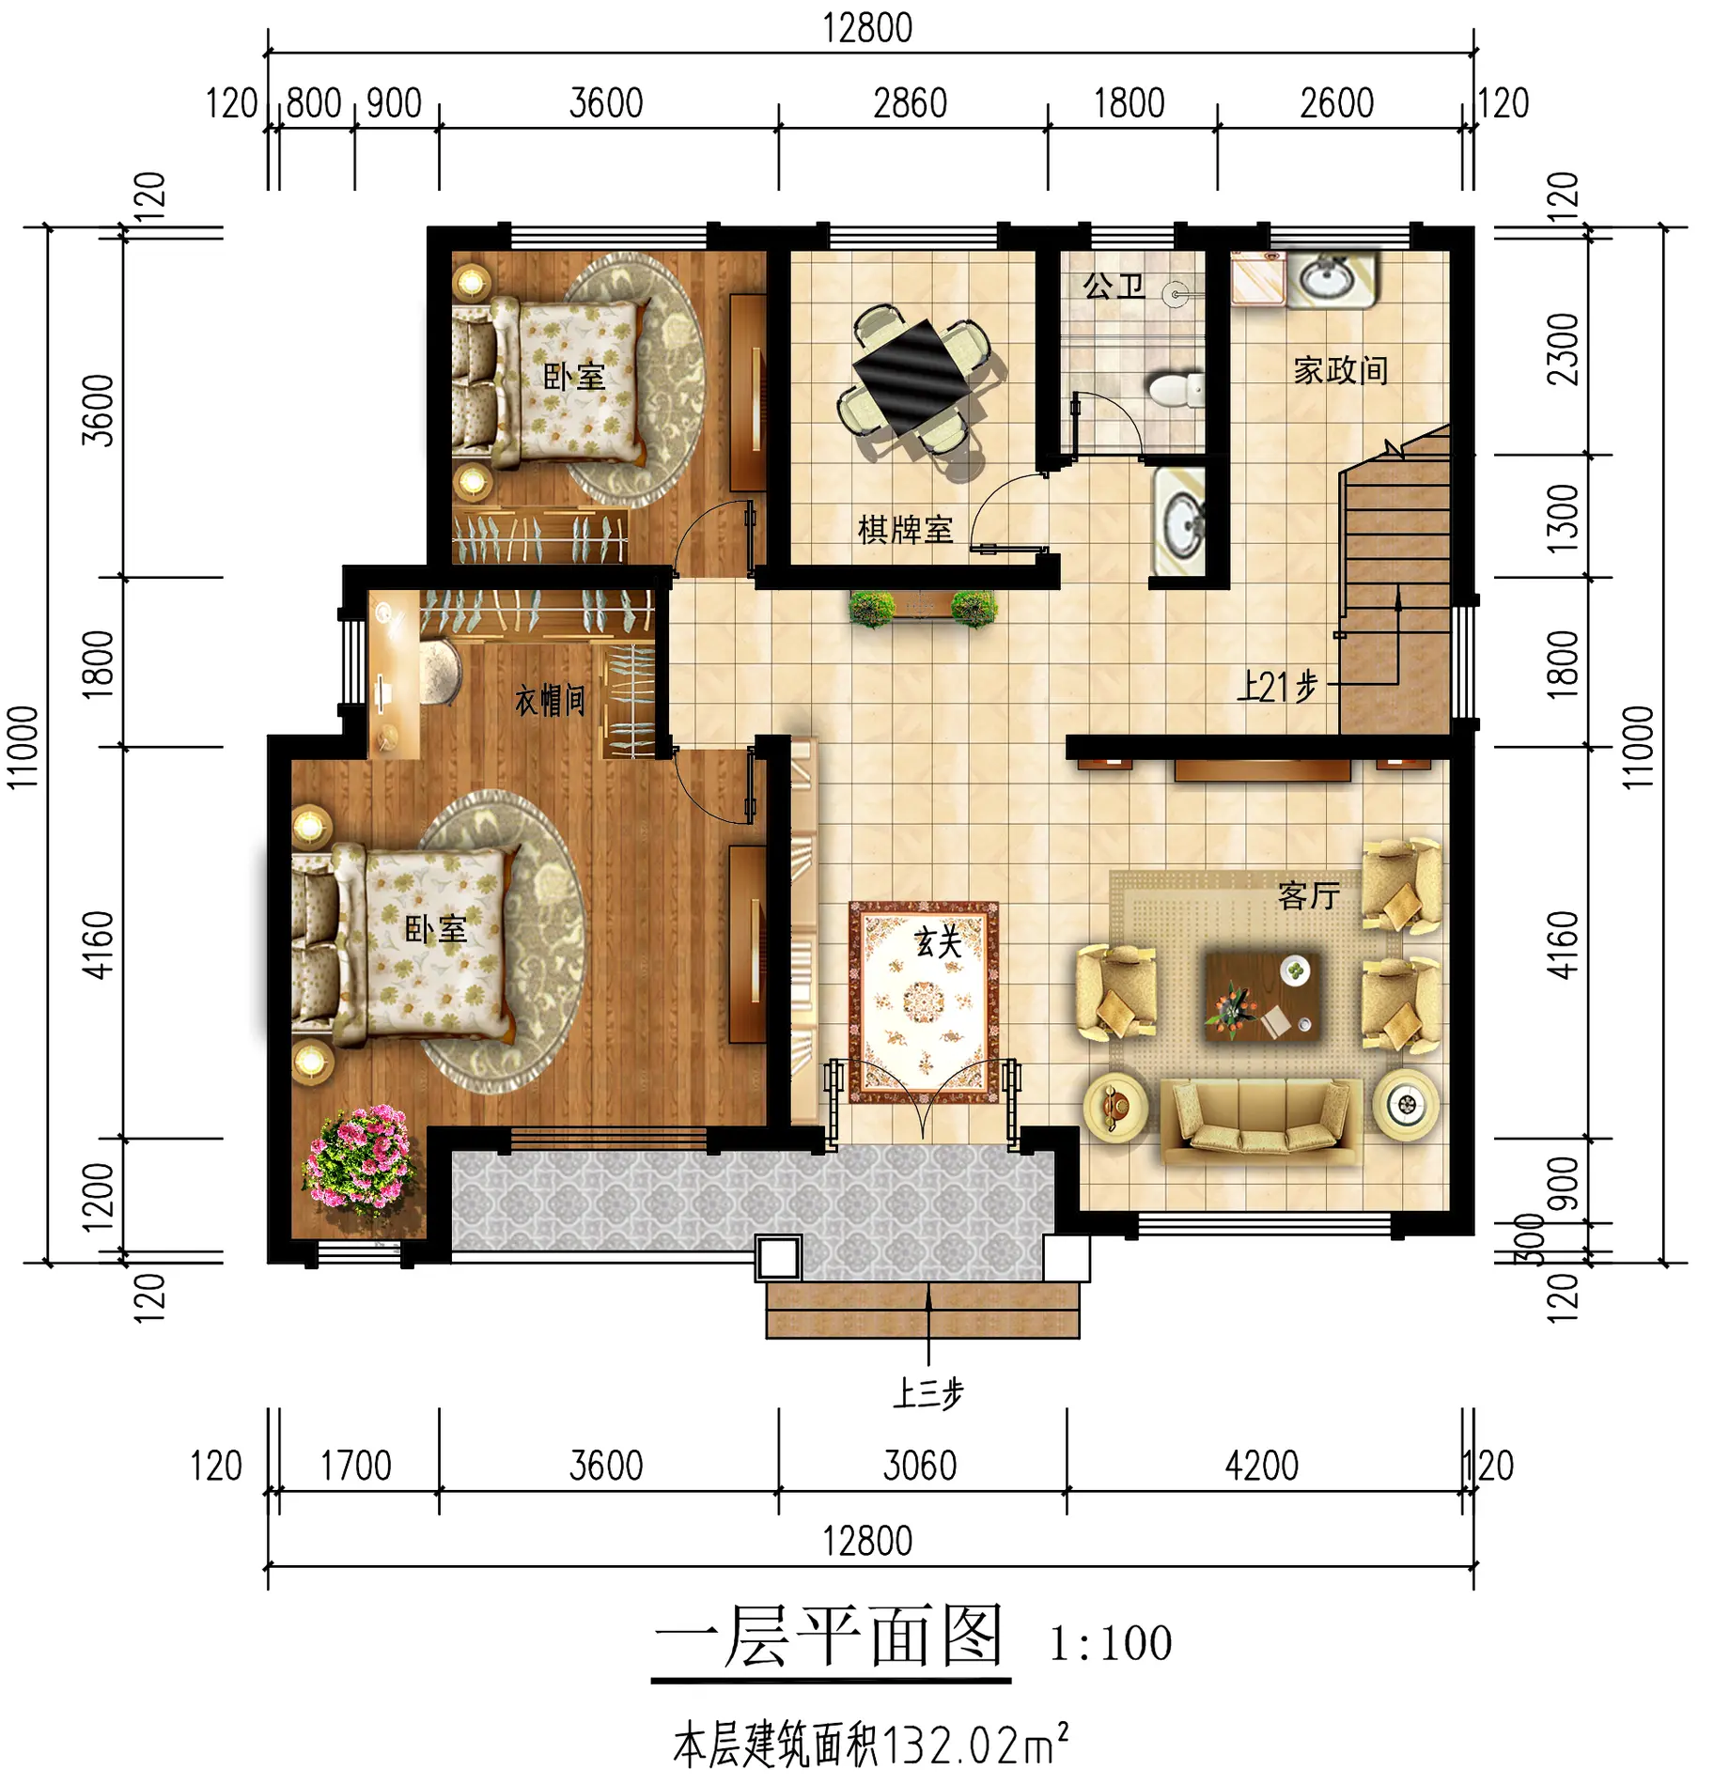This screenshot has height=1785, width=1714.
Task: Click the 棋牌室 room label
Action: [x=905, y=530]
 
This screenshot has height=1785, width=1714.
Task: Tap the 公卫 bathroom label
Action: [x=1114, y=286]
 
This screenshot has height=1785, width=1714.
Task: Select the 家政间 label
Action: [x=1340, y=370]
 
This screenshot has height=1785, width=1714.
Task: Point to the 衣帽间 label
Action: [x=550, y=700]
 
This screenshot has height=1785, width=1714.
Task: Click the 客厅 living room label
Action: [x=1308, y=895]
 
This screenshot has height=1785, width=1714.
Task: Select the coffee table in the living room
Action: [x=1262, y=997]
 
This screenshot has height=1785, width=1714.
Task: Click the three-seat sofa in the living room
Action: [x=1261, y=1120]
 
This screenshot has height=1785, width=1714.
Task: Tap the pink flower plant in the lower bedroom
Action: [x=359, y=1156]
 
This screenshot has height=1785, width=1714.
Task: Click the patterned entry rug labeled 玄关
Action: [x=924, y=1002]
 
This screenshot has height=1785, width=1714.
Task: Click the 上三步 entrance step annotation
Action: [x=927, y=1394]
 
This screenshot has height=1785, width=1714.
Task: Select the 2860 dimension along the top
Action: [x=910, y=103]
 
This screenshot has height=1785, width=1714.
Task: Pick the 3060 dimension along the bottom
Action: [x=920, y=1466]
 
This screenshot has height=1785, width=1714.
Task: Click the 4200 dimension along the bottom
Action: [x=1261, y=1466]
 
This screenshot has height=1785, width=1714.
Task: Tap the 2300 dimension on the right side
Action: [x=1562, y=349]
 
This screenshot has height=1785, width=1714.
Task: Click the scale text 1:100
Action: [x=1111, y=1643]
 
